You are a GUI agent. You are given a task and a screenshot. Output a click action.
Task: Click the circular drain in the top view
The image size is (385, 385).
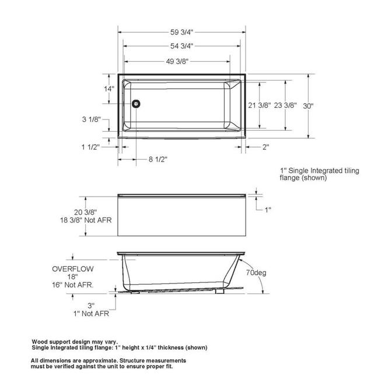click(x=136, y=104)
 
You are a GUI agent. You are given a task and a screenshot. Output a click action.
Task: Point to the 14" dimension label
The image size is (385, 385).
click(x=109, y=89)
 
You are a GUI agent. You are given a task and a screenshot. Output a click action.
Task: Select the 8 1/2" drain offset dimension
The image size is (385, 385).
click(x=158, y=159)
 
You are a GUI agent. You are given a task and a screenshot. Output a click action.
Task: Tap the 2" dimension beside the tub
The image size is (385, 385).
click(x=265, y=147)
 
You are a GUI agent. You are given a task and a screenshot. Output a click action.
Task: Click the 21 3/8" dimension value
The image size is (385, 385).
click(x=260, y=106)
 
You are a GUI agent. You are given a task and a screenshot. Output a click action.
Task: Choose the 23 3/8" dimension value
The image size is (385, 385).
click(x=285, y=106)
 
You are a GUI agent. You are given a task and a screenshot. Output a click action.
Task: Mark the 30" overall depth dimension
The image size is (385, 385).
click(x=309, y=106)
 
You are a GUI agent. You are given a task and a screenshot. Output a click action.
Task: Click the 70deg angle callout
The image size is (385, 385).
click(x=256, y=272)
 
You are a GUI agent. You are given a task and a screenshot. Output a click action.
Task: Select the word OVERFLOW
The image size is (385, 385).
click(x=72, y=269)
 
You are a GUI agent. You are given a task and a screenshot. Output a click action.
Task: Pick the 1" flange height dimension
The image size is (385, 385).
click(x=268, y=209)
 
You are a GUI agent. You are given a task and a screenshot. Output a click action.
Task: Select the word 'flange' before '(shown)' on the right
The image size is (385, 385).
click(x=292, y=178)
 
